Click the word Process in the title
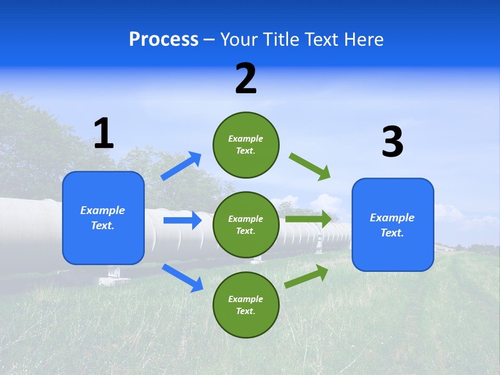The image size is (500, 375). coord(164,40)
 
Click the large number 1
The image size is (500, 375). coord(104,134)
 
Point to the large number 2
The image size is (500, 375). coord(246,79)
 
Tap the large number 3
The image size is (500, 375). coord(392,142)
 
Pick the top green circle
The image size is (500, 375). coord(246,145)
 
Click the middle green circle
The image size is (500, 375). coord(246,224)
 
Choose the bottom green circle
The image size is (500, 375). coord(246,305)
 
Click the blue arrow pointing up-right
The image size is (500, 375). coord(181,166)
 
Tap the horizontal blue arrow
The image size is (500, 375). coord(182,220)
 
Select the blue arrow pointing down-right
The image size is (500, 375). coord(183,278)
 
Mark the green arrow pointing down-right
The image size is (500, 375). coord(310,167)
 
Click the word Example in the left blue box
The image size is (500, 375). coord(103,210)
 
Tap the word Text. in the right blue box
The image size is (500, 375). coord(392,233)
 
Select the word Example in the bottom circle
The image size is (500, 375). coord(246,299)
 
